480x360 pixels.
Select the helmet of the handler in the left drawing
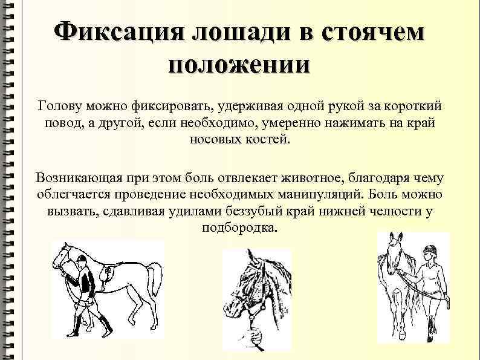coord(80,260)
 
